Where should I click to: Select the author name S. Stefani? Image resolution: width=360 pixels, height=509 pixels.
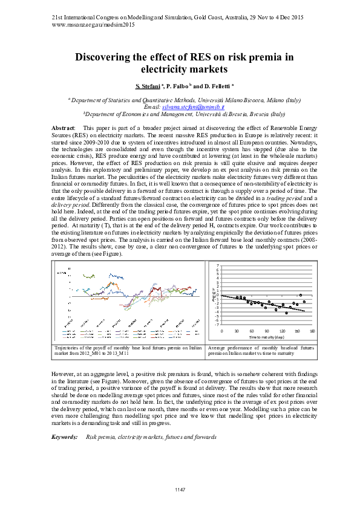(x=148, y=86)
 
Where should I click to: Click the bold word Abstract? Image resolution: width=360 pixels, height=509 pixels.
(x=64, y=129)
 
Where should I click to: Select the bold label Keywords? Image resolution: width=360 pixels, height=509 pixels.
(x=64, y=436)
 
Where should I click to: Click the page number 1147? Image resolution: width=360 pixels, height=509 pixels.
(x=180, y=489)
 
